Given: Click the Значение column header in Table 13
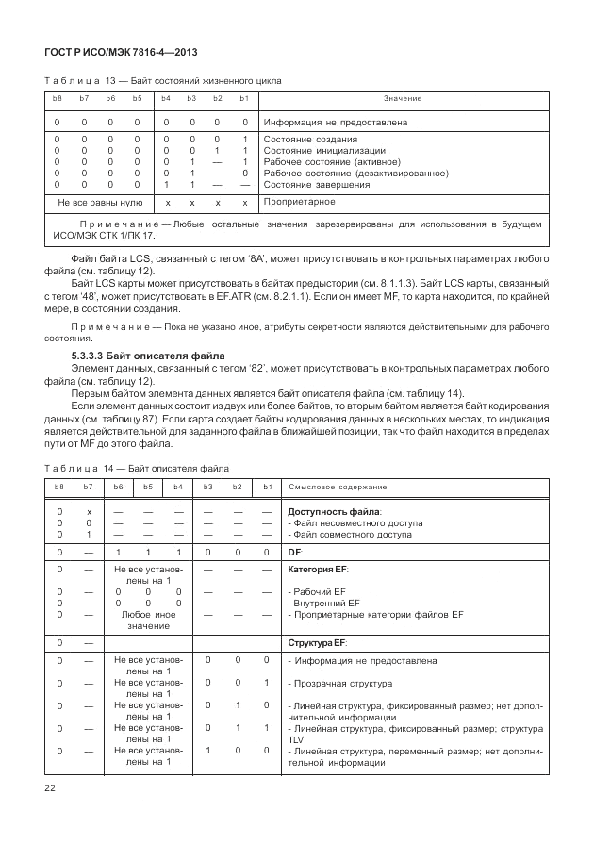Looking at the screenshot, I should [x=403, y=99].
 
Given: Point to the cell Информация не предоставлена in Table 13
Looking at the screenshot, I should [x=335, y=123].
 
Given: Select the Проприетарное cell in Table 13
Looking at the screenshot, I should [x=300, y=202].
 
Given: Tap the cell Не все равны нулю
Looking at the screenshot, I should [x=100, y=202].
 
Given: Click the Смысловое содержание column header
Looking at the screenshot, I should [x=338, y=487].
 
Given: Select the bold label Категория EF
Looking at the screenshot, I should [x=320, y=571].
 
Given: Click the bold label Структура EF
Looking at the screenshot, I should [x=317, y=642].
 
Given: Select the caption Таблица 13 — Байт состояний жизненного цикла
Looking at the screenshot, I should [x=162, y=81].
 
